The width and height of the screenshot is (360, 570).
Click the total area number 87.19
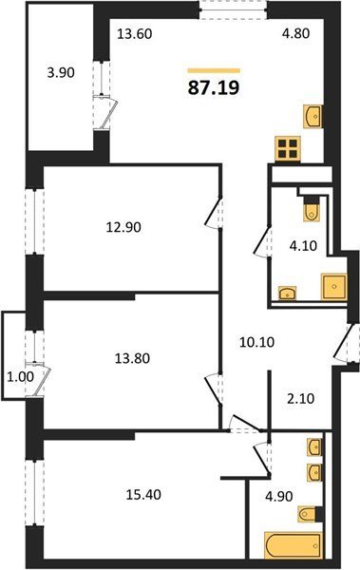(214, 87)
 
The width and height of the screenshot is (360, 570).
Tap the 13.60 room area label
(134, 34)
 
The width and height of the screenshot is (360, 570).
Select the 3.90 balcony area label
(61, 73)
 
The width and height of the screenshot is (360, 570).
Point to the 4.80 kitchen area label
(296, 33)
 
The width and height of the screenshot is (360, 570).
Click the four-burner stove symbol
(288, 148)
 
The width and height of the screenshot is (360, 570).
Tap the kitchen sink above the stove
(313, 117)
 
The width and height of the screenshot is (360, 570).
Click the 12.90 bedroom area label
(123, 227)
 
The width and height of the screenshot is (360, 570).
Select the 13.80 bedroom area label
(132, 358)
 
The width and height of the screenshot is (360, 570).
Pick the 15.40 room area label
(143, 494)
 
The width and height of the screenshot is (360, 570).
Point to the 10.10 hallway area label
(257, 342)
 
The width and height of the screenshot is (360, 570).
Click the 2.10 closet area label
(300, 399)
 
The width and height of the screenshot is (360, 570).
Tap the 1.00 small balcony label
(21, 377)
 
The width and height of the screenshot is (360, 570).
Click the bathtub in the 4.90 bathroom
(294, 545)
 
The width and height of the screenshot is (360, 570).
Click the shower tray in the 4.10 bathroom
(333, 287)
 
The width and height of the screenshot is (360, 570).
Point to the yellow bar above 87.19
(214, 70)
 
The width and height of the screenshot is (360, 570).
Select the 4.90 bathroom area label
(279, 496)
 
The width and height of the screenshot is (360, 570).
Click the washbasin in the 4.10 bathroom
(288, 293)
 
